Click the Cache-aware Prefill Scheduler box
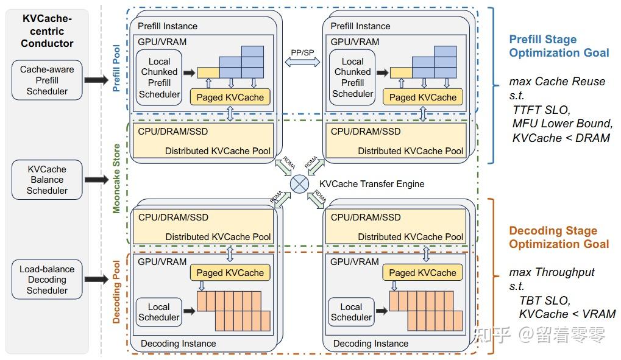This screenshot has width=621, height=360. point(47,80)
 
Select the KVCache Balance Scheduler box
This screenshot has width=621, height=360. point(47,180)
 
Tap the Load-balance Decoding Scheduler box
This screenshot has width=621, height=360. point(47,280)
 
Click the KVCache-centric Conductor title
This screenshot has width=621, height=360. point(47,31)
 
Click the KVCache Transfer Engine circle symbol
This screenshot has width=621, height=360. point(300,183)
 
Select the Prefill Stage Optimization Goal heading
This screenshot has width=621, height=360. point(559,46)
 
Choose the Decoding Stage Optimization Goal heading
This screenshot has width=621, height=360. point(559,238)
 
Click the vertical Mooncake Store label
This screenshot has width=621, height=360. point(116,178)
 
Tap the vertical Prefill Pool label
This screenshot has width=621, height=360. point(116,68)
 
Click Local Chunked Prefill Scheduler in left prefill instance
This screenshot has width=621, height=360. point(159,78)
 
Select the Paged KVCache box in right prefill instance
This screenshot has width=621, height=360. point(422,97)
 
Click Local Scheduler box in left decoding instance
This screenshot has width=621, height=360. point(158,312)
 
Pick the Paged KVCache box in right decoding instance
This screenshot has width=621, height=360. point(422,273)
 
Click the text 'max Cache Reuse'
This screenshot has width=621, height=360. point(557,82)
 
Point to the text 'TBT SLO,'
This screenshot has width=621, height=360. point(544,301)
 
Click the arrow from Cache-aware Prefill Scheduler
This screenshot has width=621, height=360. point(96,80)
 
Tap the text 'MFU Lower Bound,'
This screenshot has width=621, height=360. point(562,124)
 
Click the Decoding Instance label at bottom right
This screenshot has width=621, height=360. point(371,344)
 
